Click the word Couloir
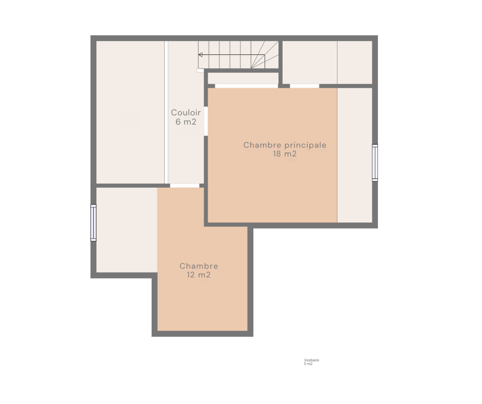point(186,112)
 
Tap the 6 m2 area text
point(186,122)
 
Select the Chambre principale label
point(285,145)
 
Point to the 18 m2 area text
point(285,154)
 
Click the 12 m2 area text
point(198,275)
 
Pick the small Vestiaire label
point(312,360)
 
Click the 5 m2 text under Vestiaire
point(308,364)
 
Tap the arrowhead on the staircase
point(201,55)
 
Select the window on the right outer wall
point(375,163)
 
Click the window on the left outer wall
point(93,223)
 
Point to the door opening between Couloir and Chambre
point(185,186)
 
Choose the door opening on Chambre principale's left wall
point(206,121)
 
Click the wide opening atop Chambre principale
point(246,86)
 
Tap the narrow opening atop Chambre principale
point(304,86)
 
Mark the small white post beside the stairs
point(200,70)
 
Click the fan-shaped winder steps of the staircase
point(265,55)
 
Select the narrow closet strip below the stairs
point(243,78)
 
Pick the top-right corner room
point(355,63)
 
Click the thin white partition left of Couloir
point(166,112)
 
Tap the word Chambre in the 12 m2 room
point(199,266)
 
